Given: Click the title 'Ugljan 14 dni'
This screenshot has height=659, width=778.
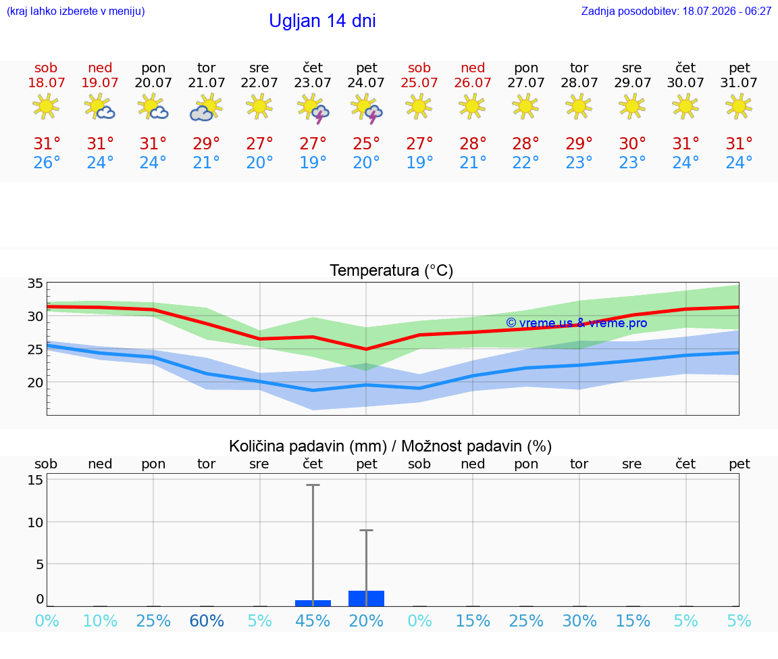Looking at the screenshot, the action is tap(322, 21).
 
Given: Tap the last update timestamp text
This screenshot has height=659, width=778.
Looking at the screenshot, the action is tap(676, 11).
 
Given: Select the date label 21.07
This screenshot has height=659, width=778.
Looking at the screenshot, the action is tap(207, 82).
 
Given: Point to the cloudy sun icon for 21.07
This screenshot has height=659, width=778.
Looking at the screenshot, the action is tap(206, 108).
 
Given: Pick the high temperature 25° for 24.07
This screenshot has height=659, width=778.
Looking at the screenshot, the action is tap(366, 144).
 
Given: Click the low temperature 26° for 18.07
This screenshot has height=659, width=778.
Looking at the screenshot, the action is tap(47, 162).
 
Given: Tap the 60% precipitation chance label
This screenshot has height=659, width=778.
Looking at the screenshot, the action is tap(207, 620).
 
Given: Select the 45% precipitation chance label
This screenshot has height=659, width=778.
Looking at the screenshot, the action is tap(313, 620).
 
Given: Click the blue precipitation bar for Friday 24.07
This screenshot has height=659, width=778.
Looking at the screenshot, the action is tap(366, 598).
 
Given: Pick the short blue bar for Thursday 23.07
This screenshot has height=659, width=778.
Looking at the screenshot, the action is tap(313, 604).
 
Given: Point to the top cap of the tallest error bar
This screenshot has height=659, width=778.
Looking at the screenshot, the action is tap(313, 485).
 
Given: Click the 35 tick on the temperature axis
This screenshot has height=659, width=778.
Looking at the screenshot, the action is tap(35, 284).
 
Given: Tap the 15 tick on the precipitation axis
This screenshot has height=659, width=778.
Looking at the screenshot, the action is tap(35, 480).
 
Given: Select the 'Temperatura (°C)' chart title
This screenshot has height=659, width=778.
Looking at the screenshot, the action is tap(392, 270).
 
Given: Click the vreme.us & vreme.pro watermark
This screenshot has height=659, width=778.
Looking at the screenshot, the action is tap(577, 323).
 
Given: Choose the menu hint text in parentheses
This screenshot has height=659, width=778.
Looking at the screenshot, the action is tap(76, 11).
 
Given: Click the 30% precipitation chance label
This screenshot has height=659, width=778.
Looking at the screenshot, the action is tap(579, 620).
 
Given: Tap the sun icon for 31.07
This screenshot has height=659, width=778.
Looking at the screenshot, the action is tap(739, 107).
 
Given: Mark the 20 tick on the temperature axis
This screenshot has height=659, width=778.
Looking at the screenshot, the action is tap(35, 383).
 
